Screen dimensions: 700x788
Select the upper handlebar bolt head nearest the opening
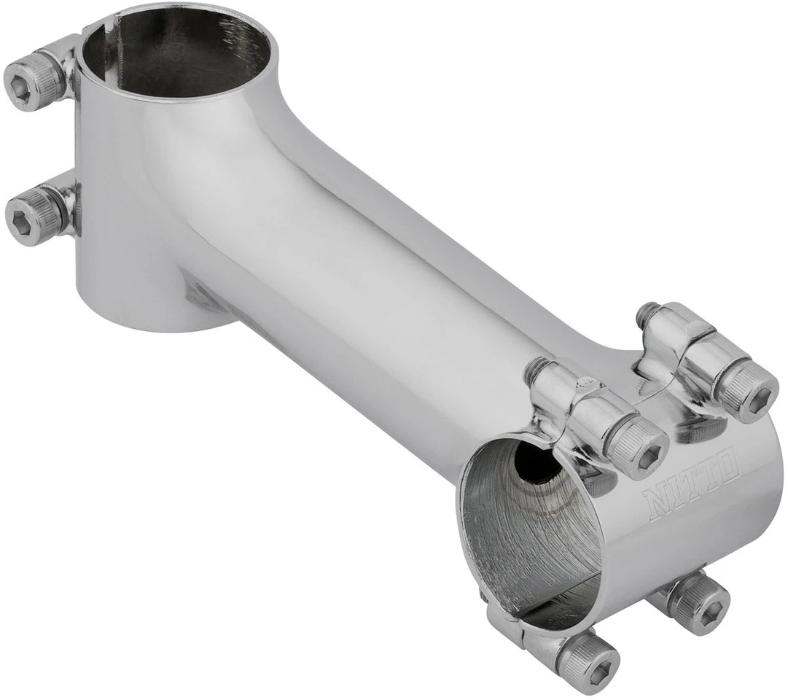pyautogui.click(x=636, y=448)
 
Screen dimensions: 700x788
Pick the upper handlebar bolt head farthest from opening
pyautogui.click(x=748, y=394)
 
